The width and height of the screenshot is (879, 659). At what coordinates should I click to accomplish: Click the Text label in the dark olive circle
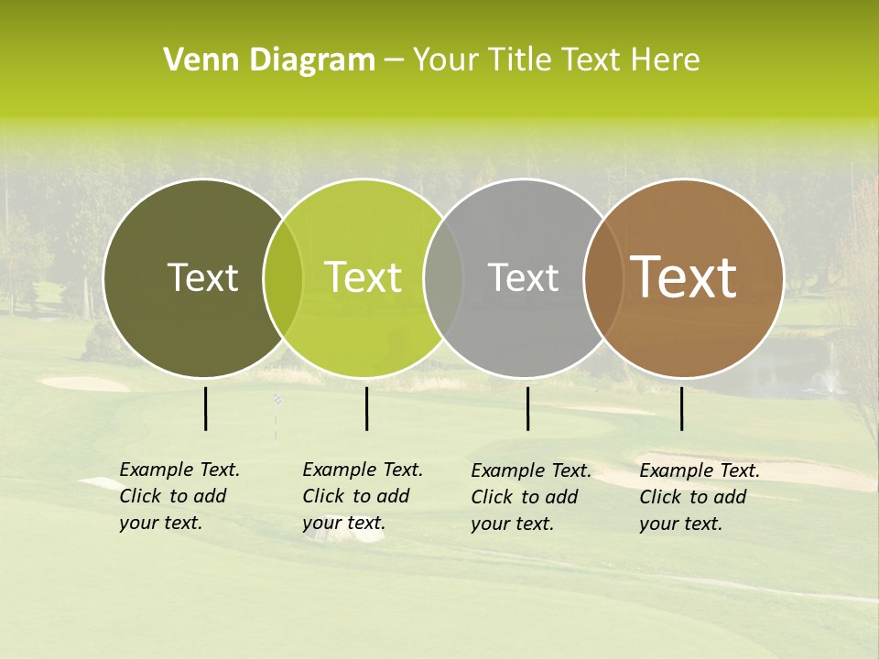click(x=202, y=277)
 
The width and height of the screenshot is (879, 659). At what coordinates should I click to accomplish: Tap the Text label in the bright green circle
click(x=363, y=277)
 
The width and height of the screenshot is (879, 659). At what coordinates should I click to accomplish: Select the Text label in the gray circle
click(x=523, y=277)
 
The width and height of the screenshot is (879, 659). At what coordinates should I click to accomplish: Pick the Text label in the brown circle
click(x=683, y=277)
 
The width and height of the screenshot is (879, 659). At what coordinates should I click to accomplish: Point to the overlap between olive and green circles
click(x=283, y=278)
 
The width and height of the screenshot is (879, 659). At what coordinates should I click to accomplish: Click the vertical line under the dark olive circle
click(x=205, y=408)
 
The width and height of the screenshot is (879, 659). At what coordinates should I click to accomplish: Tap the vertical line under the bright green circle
click(x=366, y=408)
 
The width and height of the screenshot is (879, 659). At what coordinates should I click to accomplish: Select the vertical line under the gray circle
click(x=527, y=408)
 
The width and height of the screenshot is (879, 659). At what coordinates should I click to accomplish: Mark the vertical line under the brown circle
click(x=681, y=408)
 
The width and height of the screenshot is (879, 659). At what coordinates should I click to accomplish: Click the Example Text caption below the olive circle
click(x=179, y=496)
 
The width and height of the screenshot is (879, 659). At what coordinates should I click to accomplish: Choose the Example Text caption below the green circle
click(x=363, y=496)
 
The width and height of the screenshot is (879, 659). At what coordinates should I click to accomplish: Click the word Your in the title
click(x=447, y=60)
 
